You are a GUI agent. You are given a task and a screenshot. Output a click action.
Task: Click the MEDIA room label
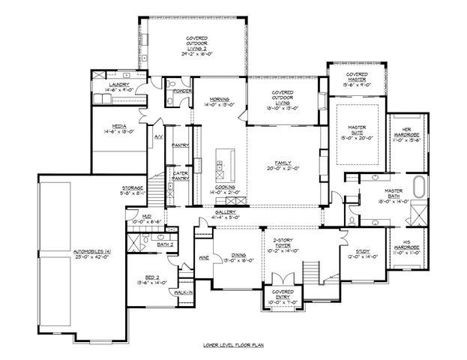click(118, 126)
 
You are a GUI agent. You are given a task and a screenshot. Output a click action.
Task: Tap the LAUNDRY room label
click(119, 85)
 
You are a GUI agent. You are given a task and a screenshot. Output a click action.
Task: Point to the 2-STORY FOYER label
click(283, 242)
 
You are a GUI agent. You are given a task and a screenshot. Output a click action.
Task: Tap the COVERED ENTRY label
click(283, 294)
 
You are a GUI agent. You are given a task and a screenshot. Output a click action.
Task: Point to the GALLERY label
click(226, 212)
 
